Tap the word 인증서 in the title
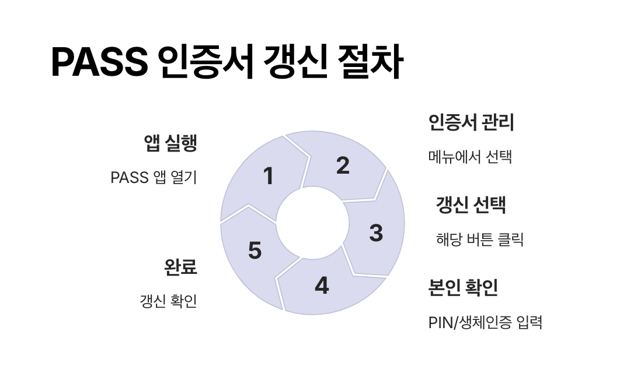click(205, 62)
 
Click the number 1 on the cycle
click(268, 176)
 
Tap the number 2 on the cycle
click(343, 166)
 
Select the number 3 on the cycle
click(376, 233)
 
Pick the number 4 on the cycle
click(322, 286)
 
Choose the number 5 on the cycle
click(255, 251)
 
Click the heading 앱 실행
click(170, 143)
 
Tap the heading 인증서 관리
click(471, 123)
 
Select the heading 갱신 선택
click(471, 205)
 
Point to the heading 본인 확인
click(463, 287)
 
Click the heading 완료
click(181, 267)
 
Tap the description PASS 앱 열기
click(154, 177)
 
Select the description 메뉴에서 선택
click(470, 157)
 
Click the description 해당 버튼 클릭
click(479, 240)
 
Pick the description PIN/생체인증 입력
click(485, 322)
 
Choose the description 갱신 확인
click(168, 301)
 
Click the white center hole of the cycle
click(312, 223)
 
